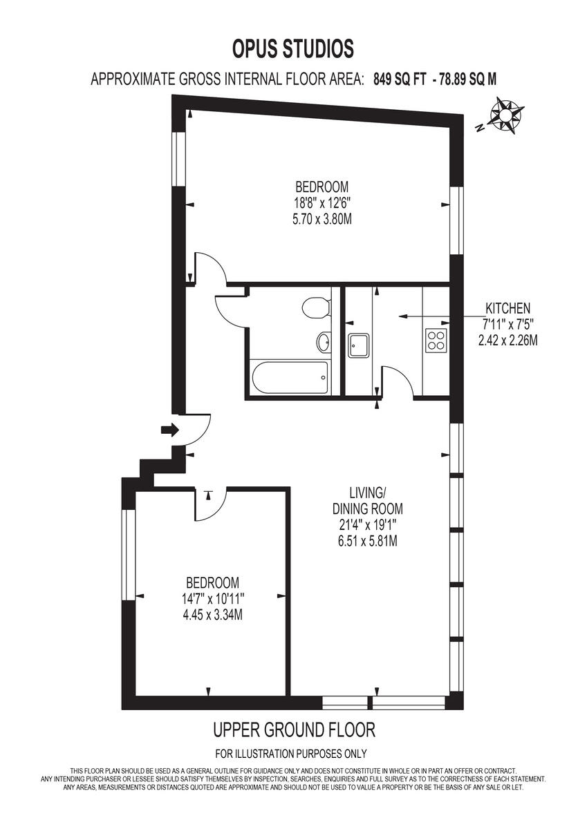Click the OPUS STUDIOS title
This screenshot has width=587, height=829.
coord(293,49)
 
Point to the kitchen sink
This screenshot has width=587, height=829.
coord(359,343)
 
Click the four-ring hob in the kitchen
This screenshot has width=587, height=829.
coord(436,339)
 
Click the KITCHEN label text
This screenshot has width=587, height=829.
coord(507,308)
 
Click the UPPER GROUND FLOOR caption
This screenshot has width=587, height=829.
coord(293,730)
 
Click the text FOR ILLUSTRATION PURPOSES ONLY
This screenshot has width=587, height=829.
coord(291,754)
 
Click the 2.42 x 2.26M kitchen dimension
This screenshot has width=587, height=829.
coord(507,340)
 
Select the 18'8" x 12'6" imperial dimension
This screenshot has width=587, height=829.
coord(322,203)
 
